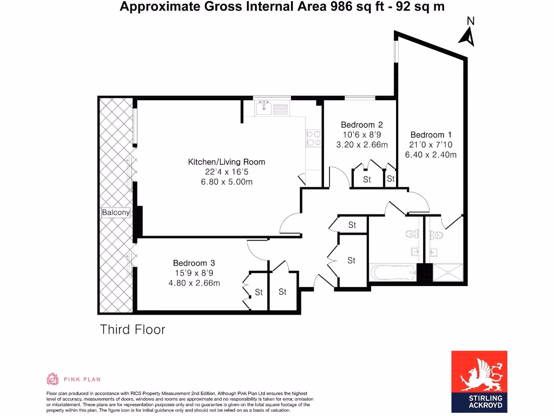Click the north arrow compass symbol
coord(467,33)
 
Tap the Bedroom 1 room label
coord(431,135)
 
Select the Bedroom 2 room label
coord(361,125)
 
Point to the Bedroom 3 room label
coord(194,263)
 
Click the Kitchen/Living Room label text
coord(226,162)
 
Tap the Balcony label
coord(116,213)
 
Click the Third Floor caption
coord(133,329)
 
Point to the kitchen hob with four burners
coord(313,138)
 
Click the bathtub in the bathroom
coord(393,272)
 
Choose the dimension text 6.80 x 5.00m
coord(226,182)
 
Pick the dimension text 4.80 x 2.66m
coord(194,283)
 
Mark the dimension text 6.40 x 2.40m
coord(431,154)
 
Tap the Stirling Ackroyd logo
coord(479,381)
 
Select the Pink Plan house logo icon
coord(52,379)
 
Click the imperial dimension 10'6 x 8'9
coord(361,135)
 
